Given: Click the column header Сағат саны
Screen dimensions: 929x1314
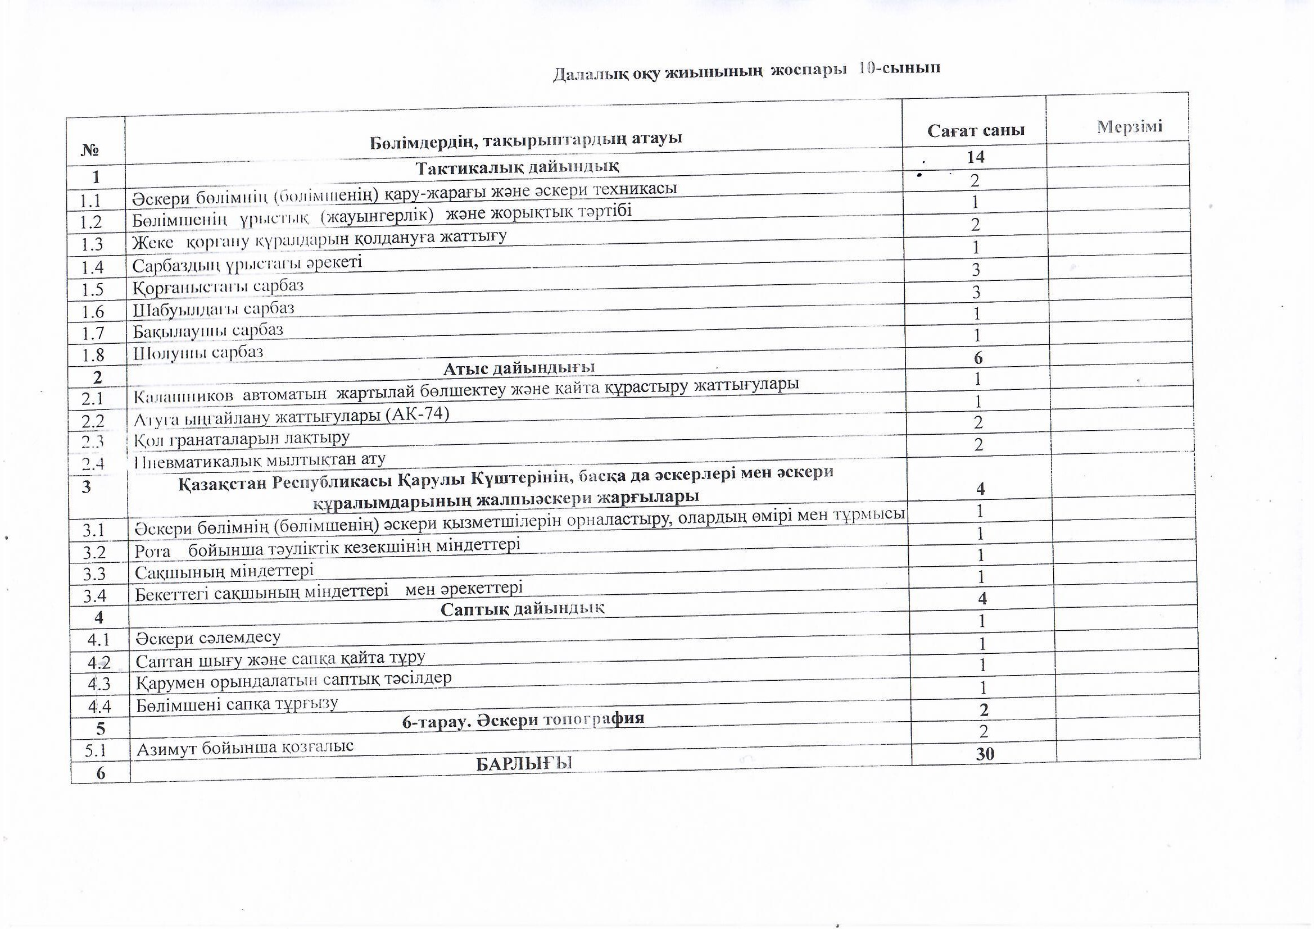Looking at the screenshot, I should pyautogui.click(x=976, y=130).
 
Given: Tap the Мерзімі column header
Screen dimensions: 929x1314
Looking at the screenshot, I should pyautogui.click(x=1129, y=126).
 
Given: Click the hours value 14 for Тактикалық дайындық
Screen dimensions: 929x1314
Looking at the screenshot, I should pyautogui.click(x=975, y=157).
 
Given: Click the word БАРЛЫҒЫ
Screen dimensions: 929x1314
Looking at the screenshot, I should pyautogui.click(x=524, y=763).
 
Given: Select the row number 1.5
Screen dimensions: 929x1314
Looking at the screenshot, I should pyautogui.click(x=92, y=289).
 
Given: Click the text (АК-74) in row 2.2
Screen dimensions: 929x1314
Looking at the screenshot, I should pyautogui.click(x=417, y=413).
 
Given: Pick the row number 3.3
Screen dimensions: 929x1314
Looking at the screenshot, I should pyautogui.click(x=94, y=574).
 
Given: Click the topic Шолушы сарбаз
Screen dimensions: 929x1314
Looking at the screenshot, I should pyautogui.click(x=198, y=352).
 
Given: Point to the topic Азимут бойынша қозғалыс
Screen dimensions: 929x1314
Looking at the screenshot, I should pyautogui.click(x=245, y=747).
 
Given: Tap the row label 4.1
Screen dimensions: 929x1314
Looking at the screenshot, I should pyautogui.click(x=98, y=640).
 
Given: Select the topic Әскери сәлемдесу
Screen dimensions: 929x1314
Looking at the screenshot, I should pyautogui.click(x=208, y=637).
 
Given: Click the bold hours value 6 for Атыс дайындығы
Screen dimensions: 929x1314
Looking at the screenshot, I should pyautogui.click(x=978, y=358).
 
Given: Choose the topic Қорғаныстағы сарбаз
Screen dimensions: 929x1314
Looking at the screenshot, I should pyautogui.click(x=218, y=286).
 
